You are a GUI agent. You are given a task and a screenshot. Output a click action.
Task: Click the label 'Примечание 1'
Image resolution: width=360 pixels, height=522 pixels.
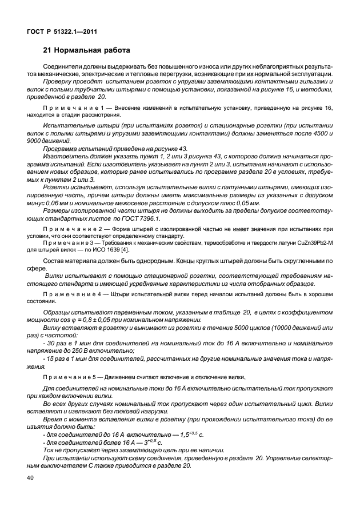[x=70, y=107]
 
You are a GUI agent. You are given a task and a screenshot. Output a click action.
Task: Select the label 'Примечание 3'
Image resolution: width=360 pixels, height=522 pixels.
[x=70, y=242]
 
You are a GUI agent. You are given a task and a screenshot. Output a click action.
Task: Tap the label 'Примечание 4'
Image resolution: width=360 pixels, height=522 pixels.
[x=70, y=294]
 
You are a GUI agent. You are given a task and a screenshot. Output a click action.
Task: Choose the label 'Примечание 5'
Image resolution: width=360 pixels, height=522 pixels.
[x=70, y=377]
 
